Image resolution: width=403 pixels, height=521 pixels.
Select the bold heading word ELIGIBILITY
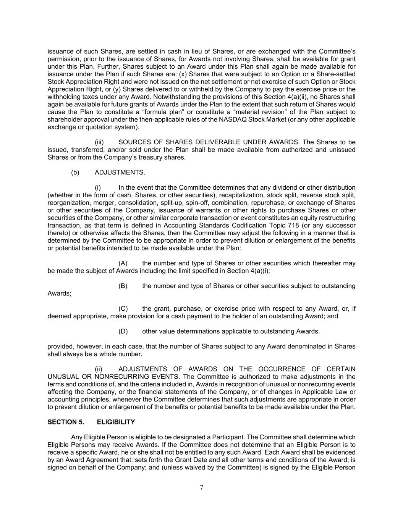[116, 422]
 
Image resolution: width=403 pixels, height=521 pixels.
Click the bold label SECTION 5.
[66, 422]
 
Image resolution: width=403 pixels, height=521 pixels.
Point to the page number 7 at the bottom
[201, 487]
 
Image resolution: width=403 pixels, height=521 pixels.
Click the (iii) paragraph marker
[99, 142]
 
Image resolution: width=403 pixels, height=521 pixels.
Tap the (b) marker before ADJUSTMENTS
[75, 172]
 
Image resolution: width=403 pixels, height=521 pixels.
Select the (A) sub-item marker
[123, 263]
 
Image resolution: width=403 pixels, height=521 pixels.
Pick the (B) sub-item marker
[123, 286]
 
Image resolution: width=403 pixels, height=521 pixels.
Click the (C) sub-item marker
[123, 308]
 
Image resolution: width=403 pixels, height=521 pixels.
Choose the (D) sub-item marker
[123, 331]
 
